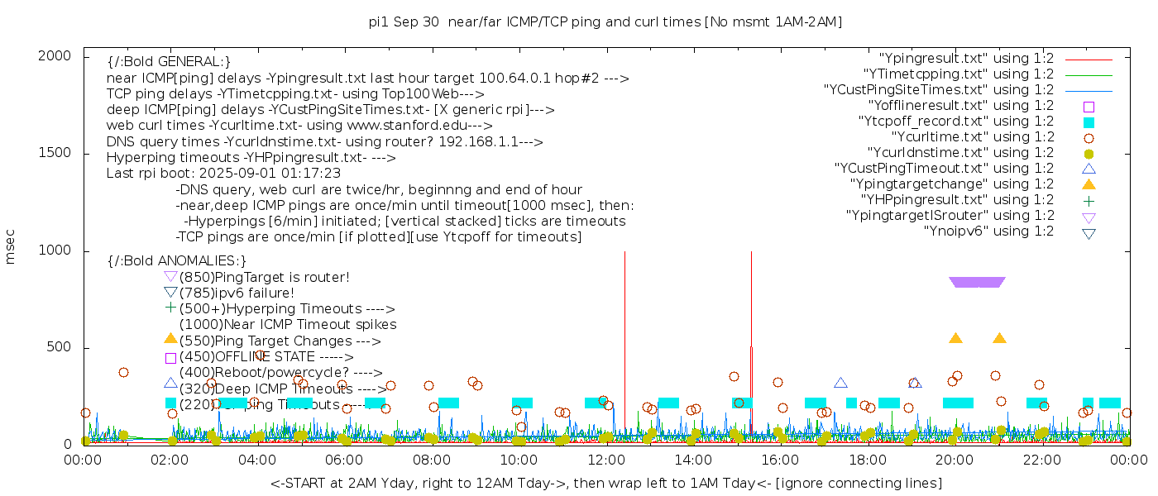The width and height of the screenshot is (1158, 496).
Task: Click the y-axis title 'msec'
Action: [11, 249]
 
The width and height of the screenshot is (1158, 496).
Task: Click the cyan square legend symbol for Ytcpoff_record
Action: [1089, 122]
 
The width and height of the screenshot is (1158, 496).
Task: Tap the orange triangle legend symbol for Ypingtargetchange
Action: [1089, 184]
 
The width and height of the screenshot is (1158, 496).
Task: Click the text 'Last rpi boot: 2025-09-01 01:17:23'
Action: [223, 174]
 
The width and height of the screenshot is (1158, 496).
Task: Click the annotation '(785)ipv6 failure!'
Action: [237, 293]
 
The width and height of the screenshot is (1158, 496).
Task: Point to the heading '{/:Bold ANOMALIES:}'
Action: [177, 261]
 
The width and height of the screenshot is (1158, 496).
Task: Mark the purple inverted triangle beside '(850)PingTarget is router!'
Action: [170, 276]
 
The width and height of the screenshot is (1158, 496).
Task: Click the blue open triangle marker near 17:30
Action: [840, 383]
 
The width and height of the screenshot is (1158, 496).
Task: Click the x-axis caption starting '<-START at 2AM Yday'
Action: [605, 483]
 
